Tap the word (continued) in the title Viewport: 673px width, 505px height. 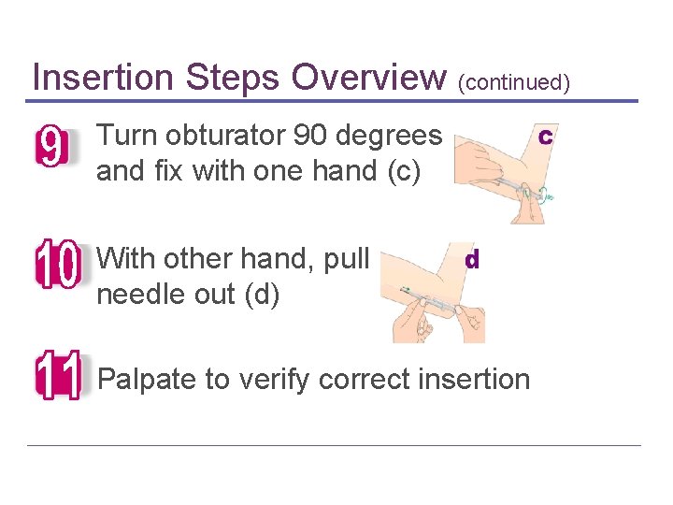[513, 82]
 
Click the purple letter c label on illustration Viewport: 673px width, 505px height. [545, 137]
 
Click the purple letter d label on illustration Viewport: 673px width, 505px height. [472, 260]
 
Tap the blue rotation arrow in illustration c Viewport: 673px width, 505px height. [548, 195]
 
